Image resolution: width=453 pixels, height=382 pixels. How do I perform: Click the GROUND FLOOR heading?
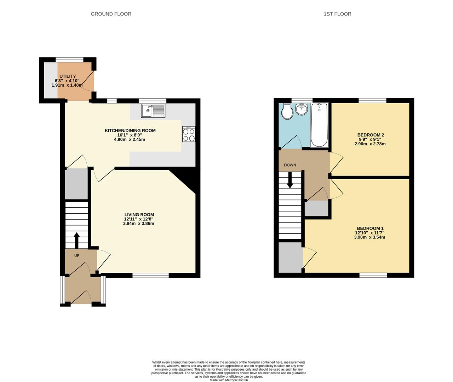[111, 14]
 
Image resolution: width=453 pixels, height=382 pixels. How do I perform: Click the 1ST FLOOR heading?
[337, 14]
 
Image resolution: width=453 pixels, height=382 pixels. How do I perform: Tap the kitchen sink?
[153, 111]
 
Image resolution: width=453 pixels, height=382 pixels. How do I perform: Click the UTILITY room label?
[68, 76]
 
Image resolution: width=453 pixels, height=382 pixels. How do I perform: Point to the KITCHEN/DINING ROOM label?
[130, 131]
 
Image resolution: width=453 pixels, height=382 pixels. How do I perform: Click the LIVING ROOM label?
[139, 215]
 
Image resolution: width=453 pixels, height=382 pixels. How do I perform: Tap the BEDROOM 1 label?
[370, 228]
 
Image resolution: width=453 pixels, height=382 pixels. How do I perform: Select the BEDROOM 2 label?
[371, 135]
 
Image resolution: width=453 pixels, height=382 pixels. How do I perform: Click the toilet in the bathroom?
[287, 112]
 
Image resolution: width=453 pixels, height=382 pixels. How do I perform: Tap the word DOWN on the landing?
[290, 165]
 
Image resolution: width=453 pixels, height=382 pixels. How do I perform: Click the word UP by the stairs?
[77, 256]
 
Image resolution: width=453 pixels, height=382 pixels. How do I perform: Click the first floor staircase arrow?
[290, 180]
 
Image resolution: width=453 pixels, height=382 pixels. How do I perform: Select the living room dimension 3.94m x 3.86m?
[138, 224]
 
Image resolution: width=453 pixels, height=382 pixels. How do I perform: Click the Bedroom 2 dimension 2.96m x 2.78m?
[370, 144]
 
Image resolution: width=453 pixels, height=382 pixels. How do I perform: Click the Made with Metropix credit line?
[229, 380]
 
